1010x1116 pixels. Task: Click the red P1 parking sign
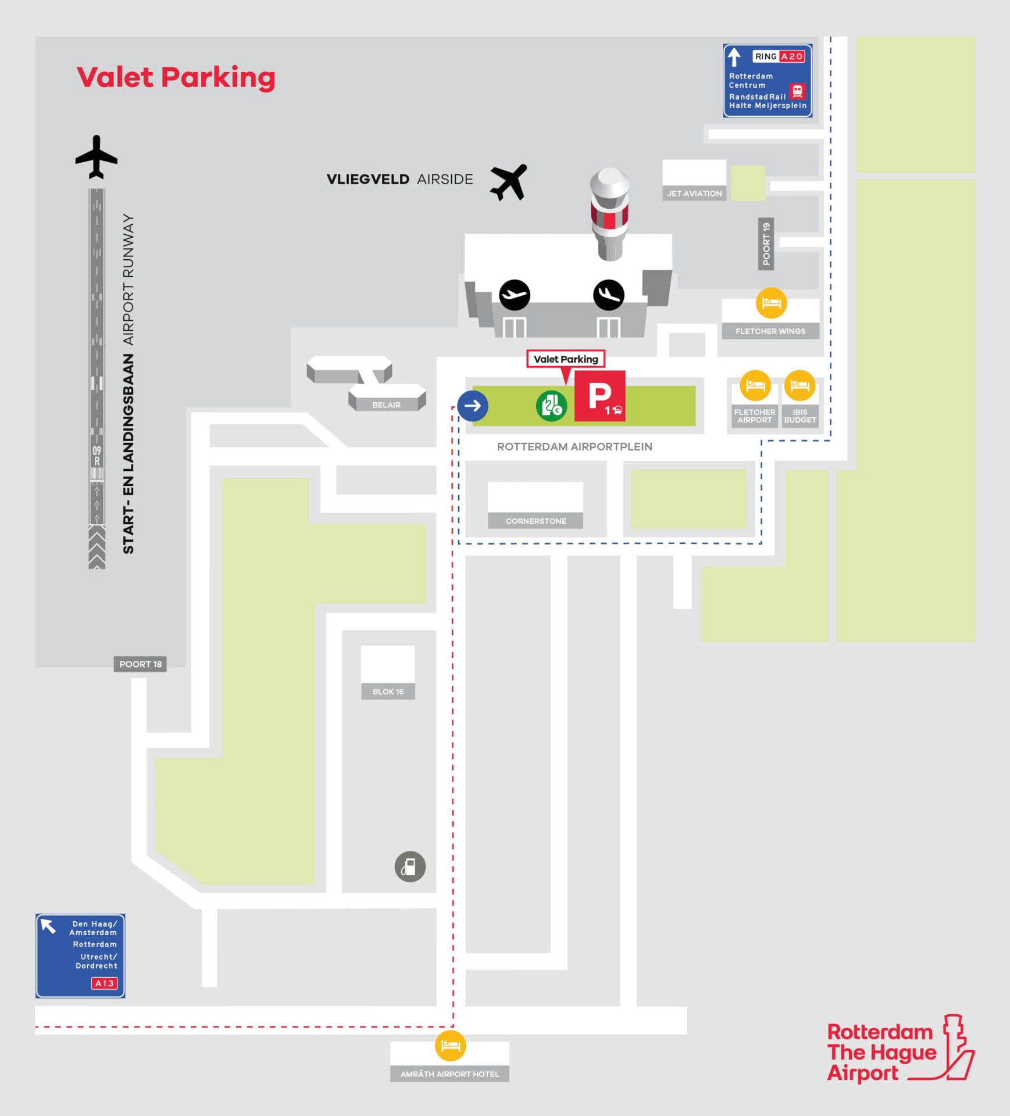[599, 396]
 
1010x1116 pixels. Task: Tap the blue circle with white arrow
[472, 406]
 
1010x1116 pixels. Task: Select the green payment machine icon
[551, 406]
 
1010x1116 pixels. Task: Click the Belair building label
[386, 405]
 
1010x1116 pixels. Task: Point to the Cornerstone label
[536, 521]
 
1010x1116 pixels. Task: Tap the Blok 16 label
[388, 691]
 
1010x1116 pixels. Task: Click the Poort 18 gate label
[140, 664]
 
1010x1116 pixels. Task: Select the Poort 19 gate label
[766, 244]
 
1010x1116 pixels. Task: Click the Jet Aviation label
[694, 194]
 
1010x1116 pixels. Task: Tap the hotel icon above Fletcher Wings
[771, 303]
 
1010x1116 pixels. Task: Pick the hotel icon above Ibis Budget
[800, 385]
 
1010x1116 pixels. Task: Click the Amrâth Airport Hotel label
[449, 1074]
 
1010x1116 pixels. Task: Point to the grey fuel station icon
[410, 867]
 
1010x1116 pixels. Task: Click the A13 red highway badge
[104, 983]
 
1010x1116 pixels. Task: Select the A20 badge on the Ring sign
[792, 56]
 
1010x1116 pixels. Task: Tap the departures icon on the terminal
[515, 295]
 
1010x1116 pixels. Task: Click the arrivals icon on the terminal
[609, 295]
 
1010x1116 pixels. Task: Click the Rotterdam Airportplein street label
[574, 446]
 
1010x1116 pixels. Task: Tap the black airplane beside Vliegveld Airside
[508, 182]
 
